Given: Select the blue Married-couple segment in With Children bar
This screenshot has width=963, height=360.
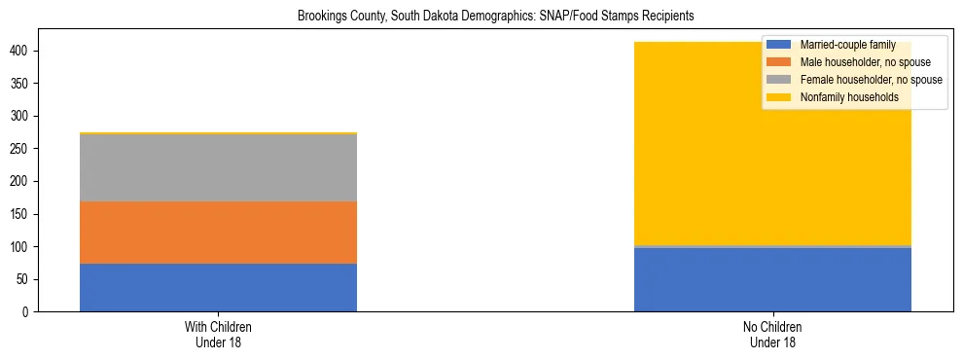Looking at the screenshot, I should [x=218, y=287].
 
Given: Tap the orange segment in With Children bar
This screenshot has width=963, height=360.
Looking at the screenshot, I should [x=218, y=233].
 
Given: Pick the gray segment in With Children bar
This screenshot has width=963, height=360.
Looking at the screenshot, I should [x=218, y=167].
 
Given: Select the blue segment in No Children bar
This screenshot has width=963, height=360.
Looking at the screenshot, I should [x=772, y=280].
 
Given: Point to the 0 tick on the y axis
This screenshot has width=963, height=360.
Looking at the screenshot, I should [x=29, y=312].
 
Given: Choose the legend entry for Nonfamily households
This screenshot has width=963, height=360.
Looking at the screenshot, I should [x=847, y=97].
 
